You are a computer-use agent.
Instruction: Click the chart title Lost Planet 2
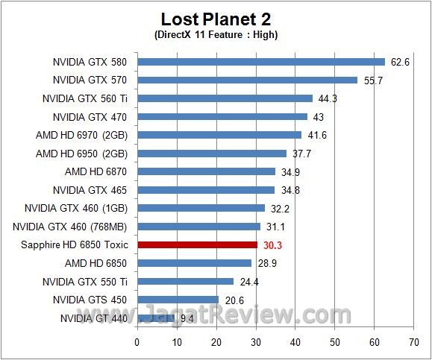(216, 19)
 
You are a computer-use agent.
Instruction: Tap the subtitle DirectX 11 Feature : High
(216, 35)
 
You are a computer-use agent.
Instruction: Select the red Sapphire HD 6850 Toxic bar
(197, 244)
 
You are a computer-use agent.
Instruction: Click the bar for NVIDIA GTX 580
(261, 62)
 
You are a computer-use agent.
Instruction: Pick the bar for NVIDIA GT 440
(156, 318)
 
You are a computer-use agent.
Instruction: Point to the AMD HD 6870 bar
(207, 171)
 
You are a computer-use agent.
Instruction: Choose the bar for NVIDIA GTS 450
(178, 300)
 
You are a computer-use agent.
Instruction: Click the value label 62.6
(400, 62)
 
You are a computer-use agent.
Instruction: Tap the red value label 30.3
(272, 245)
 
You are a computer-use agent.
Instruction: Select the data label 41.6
(317, 135)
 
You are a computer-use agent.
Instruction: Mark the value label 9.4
(187, 319)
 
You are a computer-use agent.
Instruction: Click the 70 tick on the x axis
(414, 342)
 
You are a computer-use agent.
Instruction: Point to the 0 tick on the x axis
(137, 342)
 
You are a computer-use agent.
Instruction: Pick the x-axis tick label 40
(295, 342)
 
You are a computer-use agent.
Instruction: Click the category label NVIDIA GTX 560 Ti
(85, 98)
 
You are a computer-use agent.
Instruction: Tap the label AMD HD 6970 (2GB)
(81, 136)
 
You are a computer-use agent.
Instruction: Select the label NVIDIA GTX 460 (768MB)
(70, 227)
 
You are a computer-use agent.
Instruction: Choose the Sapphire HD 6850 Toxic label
(75, 245)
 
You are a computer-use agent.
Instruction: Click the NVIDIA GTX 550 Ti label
(85, 282)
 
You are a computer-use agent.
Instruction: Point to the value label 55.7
(373, 80)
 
